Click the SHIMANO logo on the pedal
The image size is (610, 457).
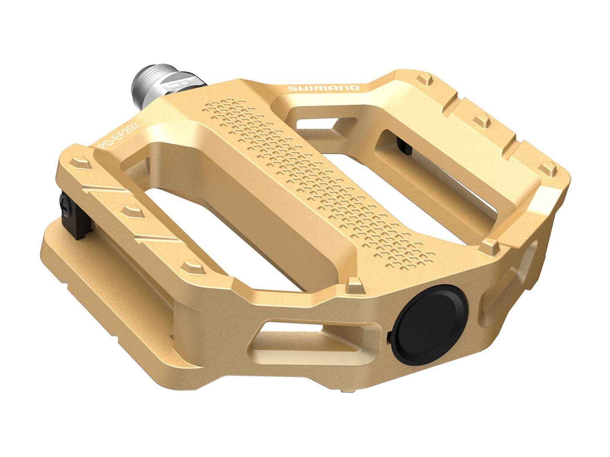pos(323,88)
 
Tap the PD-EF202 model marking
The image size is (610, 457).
pos(119,136)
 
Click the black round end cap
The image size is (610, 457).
pos(429,324)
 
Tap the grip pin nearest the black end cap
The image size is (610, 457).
pos(355,285)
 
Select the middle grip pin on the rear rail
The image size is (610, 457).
pos(482,120)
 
